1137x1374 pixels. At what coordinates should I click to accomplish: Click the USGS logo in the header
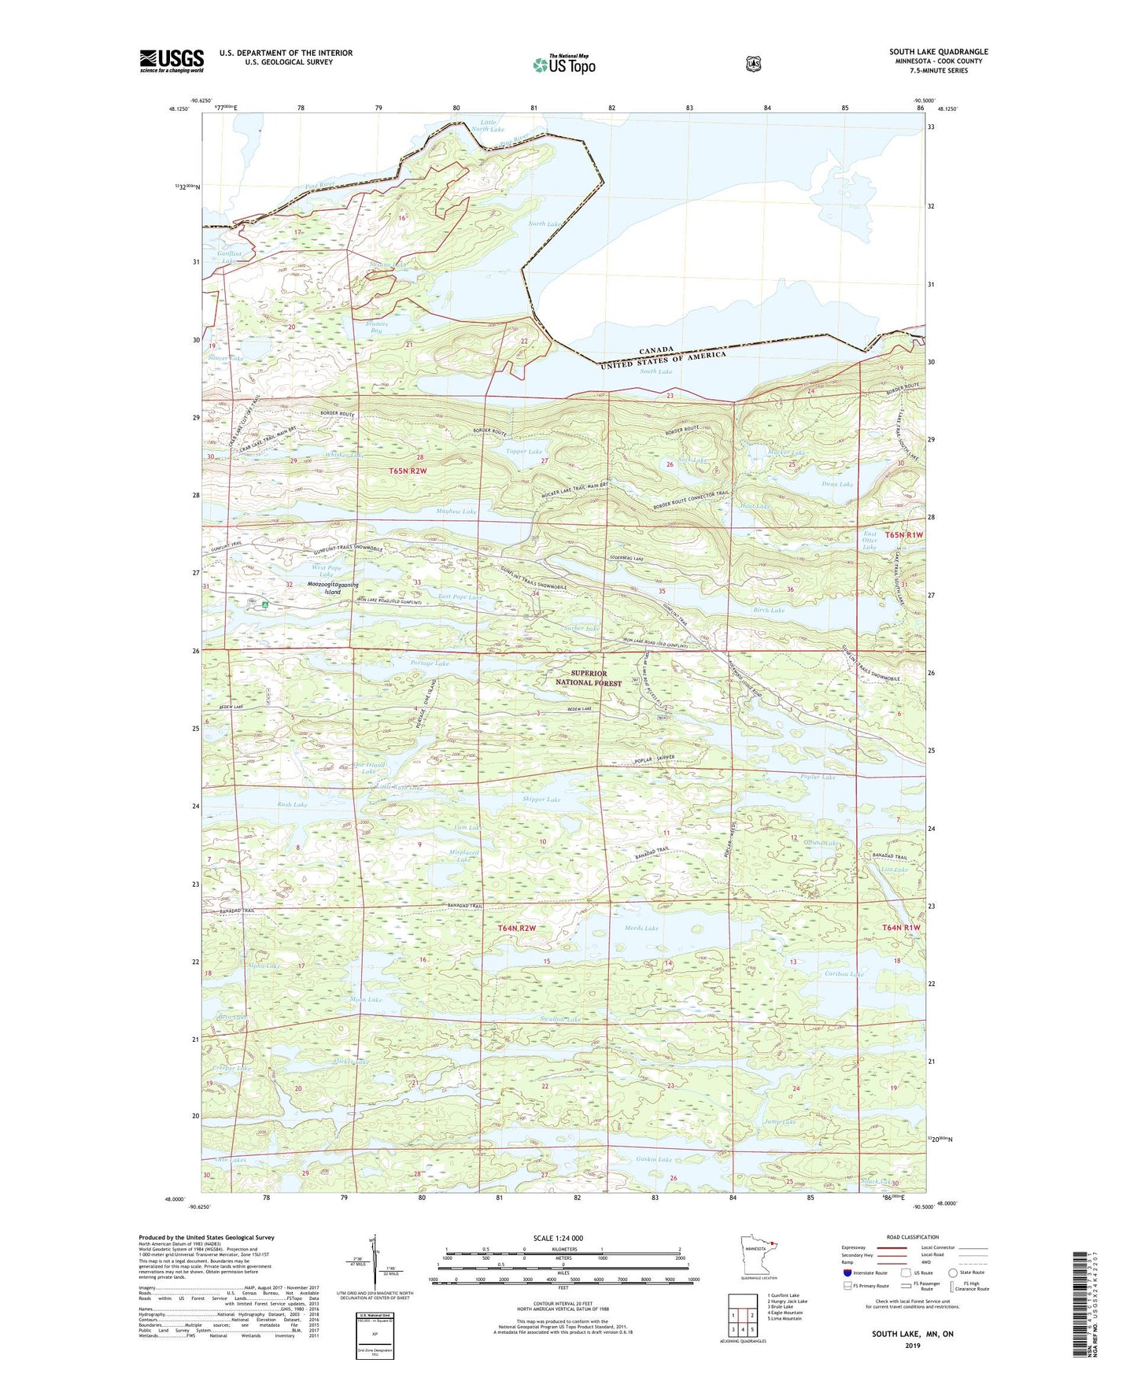pos(172,61)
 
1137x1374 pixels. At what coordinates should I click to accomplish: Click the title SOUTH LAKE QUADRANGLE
pos(938,52)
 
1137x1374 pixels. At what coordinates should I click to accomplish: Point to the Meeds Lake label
pos(641,929)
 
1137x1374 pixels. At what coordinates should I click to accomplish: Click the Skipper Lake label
pos(541,800)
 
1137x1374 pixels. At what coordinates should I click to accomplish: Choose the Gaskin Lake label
pos(654,1160)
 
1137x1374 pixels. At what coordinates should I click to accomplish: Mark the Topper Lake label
pos(524,452)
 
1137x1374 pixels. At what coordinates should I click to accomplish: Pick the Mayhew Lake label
pos(456,512)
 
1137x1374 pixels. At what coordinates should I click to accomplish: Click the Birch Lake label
pos(769,610)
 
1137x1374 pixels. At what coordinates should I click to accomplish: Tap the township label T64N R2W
pos(516,929)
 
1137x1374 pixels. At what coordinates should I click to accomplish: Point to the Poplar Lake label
pos(818,777)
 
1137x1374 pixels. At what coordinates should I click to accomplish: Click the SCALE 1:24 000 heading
pos(558,1238)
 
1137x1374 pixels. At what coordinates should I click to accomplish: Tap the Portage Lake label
pos(430,663)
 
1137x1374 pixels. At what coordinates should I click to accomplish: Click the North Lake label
pos(545,224)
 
